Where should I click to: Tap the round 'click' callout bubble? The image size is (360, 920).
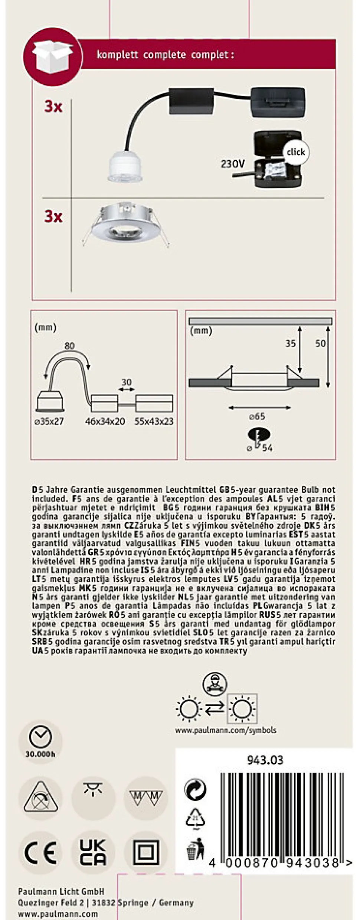[x=295, y=152]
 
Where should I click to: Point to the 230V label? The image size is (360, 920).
[x=233, y=163]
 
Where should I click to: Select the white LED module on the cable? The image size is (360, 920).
[x=125, y=169]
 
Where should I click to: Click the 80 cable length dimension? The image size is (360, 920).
[x=69, y=346]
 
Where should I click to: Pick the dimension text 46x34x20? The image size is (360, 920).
[x=105, y=421]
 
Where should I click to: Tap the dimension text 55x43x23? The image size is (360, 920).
[x=154, y=421]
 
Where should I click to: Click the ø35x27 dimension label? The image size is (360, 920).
[x=49, y=422]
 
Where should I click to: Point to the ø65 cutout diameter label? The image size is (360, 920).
[x=257, y=417]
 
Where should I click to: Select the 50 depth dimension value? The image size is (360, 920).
[x=320, y=343]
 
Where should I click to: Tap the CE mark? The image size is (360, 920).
[x=40, y=852]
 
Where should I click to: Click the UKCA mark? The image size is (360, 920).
[x=93, y=852]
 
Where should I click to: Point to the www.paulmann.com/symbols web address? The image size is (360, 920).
[x=225, y=730]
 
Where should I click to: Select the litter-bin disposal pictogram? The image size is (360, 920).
[x=195, y=849]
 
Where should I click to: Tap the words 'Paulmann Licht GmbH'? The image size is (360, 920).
[x=61, y=891]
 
